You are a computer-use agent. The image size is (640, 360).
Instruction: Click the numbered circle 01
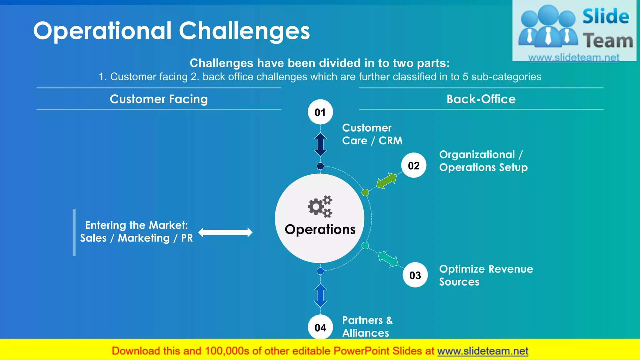tap(320, 112)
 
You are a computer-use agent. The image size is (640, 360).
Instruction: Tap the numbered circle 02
tap(414, 165)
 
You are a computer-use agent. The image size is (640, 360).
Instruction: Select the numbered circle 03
tap(415, 275)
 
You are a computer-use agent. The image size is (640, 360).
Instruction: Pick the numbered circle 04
tap(320, 327)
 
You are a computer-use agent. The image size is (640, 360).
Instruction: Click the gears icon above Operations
tap(320, 207)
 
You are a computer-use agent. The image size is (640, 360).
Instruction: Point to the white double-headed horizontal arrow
tap(225, 232)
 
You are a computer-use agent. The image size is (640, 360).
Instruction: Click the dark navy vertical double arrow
tap(320, 144)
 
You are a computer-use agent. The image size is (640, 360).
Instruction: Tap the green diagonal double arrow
tap(387, 181)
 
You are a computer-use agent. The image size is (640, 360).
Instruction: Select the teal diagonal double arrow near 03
tap(388, 259)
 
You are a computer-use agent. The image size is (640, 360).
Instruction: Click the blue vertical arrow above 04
tap(320, 296)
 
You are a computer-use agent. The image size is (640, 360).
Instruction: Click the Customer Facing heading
tap(159, 99)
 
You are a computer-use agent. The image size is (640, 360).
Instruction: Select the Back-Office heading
tap(481, 99)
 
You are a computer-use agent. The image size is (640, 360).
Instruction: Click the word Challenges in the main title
tap(244, 31)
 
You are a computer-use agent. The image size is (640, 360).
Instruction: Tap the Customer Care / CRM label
tap(372, 134)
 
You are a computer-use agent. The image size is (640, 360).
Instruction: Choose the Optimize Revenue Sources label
tap(486, 275)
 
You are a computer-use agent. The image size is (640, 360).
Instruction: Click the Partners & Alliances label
tap(367, 327)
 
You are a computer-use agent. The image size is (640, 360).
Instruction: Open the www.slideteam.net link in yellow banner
tap(482, 351)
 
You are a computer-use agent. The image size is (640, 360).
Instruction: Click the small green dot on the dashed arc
tap(365, 192)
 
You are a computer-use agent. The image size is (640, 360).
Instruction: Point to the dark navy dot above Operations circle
tap(320, 166)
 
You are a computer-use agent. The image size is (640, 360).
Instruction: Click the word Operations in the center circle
tap(320, 230)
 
